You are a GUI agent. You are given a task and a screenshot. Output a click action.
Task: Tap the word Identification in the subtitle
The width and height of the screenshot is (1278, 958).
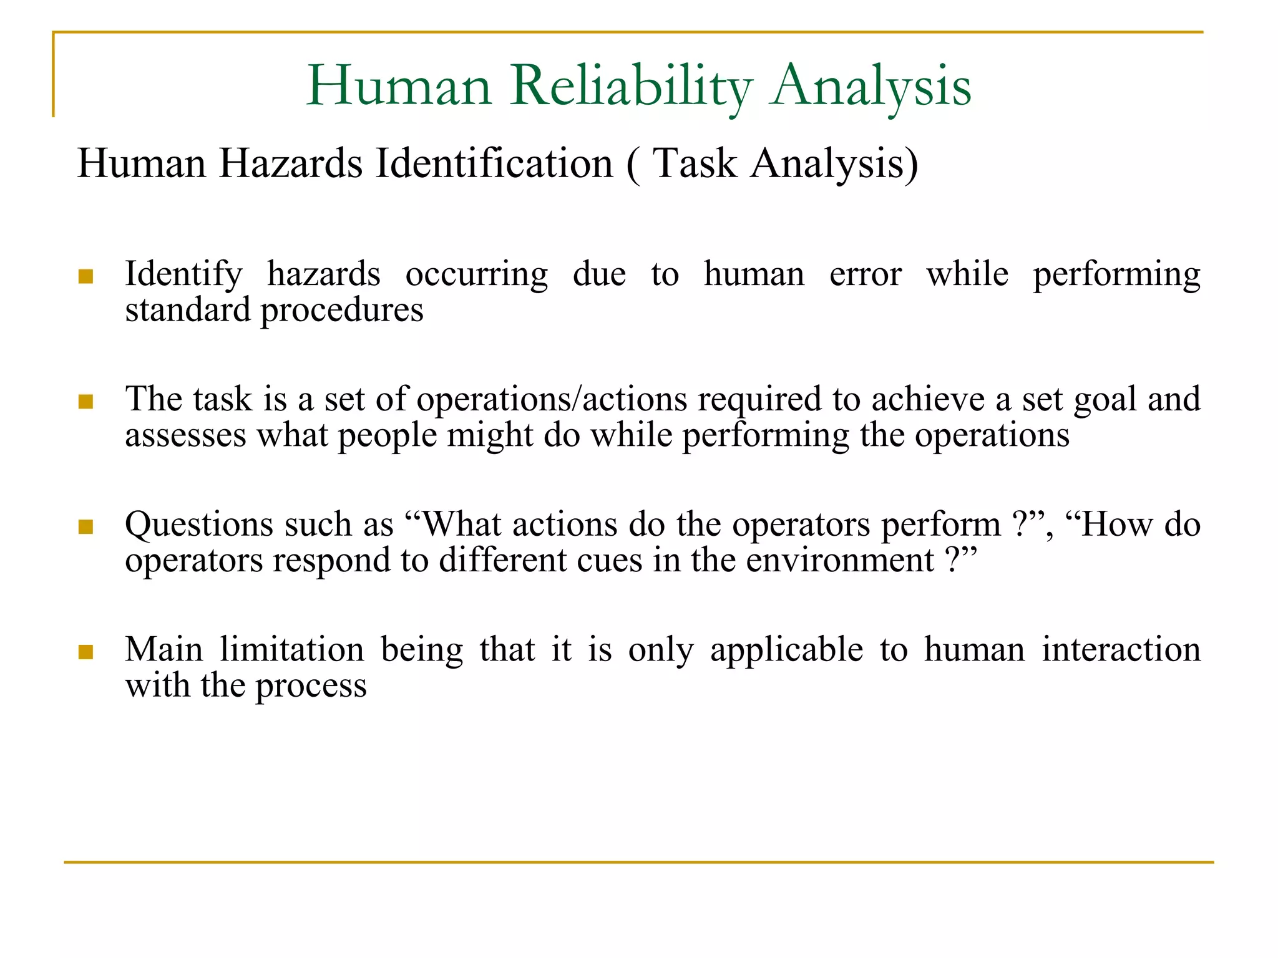tap(494, 164)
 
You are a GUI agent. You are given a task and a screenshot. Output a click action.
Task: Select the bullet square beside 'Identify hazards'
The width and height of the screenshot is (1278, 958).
tap(86, 276)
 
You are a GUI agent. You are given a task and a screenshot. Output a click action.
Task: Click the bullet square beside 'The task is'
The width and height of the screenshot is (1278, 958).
tap(86, 402)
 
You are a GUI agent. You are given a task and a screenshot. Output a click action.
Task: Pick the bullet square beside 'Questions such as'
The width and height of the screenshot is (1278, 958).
tap(86, 527)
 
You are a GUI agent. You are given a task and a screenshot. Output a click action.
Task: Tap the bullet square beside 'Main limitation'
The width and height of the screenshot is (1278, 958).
tap(86, 652)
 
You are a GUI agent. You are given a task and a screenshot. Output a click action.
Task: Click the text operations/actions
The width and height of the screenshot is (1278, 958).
tap(552, 400)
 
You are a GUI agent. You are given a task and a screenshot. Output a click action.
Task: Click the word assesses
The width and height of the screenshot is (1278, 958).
tap(185, 436)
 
